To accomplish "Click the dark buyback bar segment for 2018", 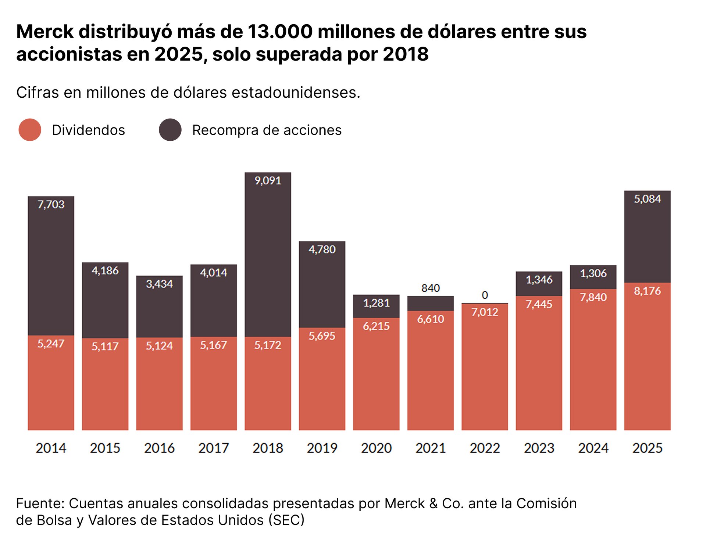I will click(x=268, y=257).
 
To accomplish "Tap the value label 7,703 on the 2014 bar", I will click(x=51, y=205).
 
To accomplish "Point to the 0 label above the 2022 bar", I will click(x=485, y=295).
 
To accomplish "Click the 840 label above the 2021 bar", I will click(x=430, y=288).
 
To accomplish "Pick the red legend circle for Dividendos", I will click(x=30, y=130).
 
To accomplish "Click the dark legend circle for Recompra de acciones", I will click(x=170, y=130).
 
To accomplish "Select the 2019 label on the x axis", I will click(x=322, y=448).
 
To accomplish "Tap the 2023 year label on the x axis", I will click(x=539, y=448).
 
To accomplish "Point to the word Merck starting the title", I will click(x=45, y=32).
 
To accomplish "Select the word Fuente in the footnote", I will click(x=40, y=503).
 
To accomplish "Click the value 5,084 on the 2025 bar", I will click(x=647, y=199).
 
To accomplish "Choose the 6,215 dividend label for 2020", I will click(x=376, y=326).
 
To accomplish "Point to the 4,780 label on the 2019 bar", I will click(x=322, y=250).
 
